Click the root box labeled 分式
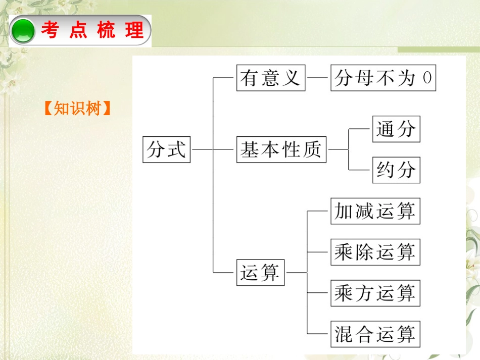(167, 149)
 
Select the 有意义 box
(271, 78)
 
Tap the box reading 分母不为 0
(383, 78)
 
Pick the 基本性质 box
(281, 149)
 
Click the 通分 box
(396, 129)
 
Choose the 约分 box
(396, 170)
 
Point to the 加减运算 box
(375, 211)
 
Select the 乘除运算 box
(375, 252)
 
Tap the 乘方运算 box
(375, 293)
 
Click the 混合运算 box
(375, 334)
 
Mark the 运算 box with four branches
(261, 273)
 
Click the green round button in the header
(23, 31)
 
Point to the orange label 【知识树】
(77, 108)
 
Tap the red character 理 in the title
(135, 31)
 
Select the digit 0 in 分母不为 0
(427, 78)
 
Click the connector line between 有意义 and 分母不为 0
(318, 78)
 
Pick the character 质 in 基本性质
(312, 149)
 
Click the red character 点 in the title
(79, 31)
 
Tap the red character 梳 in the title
(107, 31)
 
